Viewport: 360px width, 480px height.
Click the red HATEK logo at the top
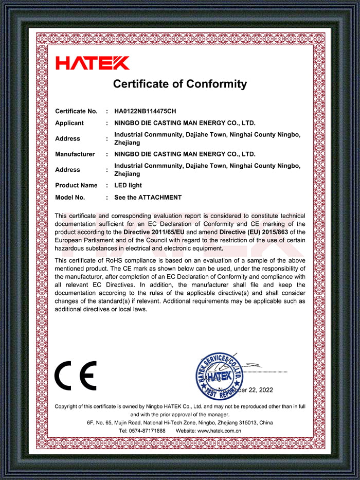[x=93, y=63]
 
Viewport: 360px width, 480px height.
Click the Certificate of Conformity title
[x=180, y=84]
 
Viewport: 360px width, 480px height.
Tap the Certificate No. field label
[x=76, y=111]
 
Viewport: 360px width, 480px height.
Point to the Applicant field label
[x=69, y=123]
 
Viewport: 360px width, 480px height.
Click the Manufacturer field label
[x=75, y=154]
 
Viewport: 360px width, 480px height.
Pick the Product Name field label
[x=76, y=185]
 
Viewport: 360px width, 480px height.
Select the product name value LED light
[x=128, y=185]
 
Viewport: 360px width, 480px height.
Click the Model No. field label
[x=70, y=198]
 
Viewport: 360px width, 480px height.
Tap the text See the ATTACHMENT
[x=148, y=198]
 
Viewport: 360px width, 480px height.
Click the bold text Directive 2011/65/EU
[x=154, y=232]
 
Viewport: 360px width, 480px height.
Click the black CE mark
[x=76, y=376]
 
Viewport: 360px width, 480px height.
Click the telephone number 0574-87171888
[x=150, y=431]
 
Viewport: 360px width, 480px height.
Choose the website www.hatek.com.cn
[x=220, y=431]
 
